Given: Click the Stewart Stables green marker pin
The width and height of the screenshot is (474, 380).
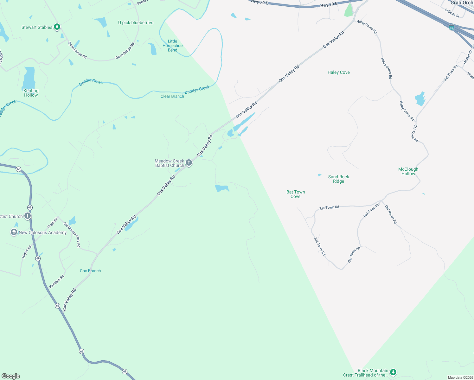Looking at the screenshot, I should pos(57,27).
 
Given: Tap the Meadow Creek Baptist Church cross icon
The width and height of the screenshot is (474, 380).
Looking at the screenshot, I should pos(189,163).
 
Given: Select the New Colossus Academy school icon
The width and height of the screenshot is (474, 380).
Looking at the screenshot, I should pos(14,232).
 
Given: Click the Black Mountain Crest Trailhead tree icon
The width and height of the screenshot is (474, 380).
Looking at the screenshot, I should pos(393,372).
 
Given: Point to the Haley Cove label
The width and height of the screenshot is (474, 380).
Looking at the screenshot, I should pos(339,73).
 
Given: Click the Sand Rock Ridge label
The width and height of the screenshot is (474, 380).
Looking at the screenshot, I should pos(338,179).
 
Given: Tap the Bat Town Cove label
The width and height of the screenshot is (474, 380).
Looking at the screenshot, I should pos(296,194).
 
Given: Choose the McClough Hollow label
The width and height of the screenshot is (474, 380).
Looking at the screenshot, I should pos(408,172).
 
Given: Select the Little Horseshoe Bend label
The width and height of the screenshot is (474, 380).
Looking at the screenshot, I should pos(172,46).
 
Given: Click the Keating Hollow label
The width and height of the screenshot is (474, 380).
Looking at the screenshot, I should pos(31,93).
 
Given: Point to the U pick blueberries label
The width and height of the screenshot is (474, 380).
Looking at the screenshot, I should pos(136,23).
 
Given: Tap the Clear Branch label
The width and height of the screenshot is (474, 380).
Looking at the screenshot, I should pos(172,97).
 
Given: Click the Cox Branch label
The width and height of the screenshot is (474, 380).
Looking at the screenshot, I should pos(90,271).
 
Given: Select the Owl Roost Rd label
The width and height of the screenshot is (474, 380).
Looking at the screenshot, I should pos(391,214).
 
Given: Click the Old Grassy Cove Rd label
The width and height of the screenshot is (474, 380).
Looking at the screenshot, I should pos(72,235).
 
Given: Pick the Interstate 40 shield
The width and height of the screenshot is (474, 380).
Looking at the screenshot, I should pos(452,28).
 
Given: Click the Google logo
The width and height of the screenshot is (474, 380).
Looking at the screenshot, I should pos(11,376).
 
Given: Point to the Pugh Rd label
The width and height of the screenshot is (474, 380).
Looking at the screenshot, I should pos(53,223).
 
